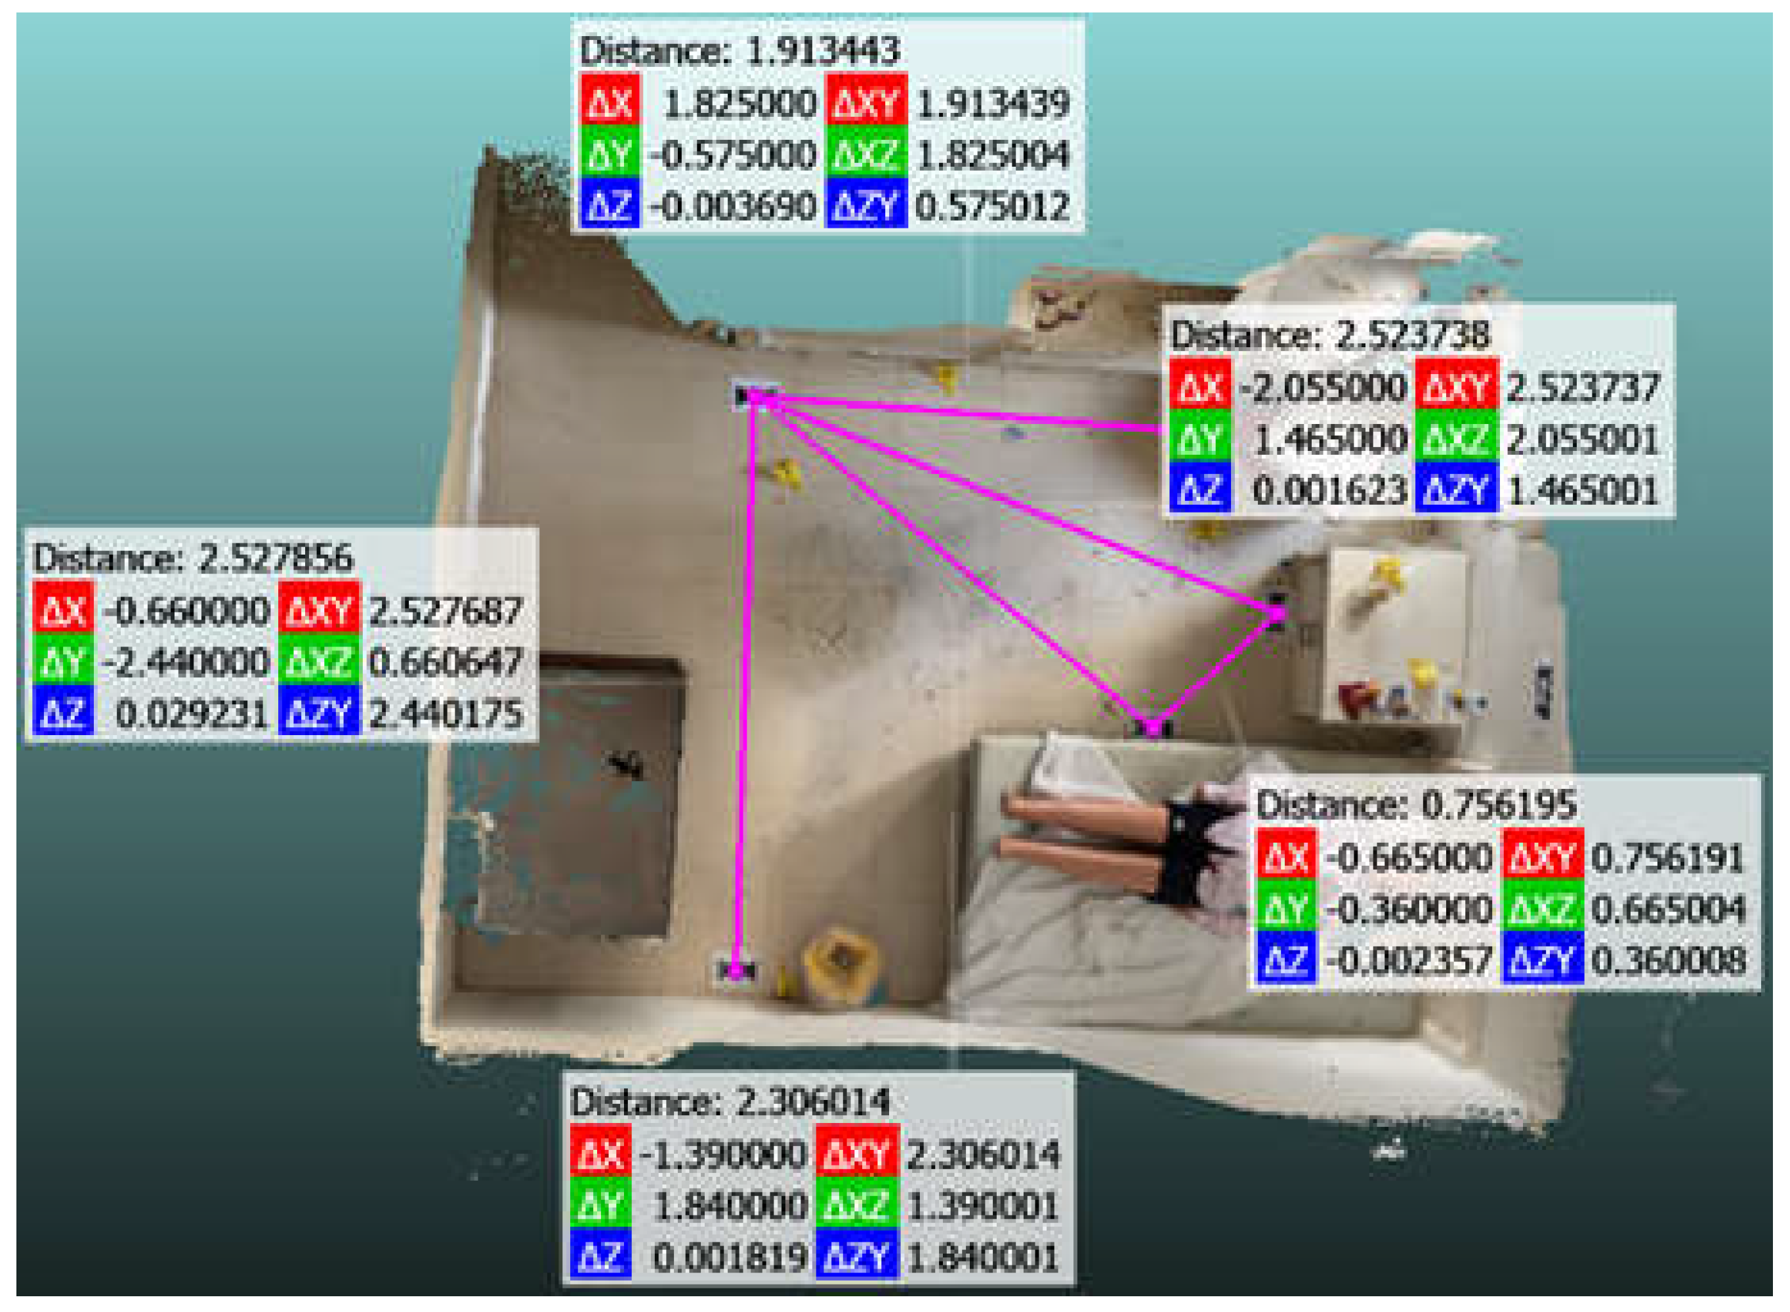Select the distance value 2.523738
(x=1413, y=336)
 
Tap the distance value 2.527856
(x=275, y=559)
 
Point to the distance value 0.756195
(x=1498, y=806)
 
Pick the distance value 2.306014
(x=814, y=1103)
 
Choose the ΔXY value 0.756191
(x=1667, y=858)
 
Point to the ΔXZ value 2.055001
(x=1582, y=440)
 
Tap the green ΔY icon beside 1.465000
(x=1199, y=440)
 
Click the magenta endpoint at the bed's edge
(x=1152, y=725)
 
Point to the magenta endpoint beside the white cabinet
(x=1276, y=612)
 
